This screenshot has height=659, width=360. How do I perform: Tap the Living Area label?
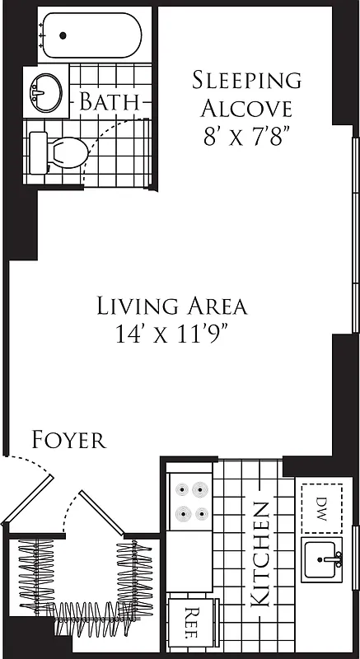172,306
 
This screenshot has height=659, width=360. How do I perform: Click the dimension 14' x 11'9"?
172,334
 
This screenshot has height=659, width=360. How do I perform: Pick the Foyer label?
68,440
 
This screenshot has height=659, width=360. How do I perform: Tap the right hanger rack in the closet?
134,577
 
